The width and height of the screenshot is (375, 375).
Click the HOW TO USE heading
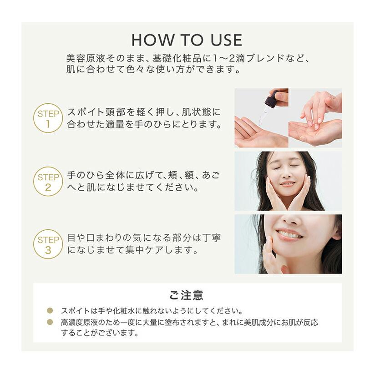tap(187, 40)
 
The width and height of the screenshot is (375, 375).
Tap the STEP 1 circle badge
tap(48, 118)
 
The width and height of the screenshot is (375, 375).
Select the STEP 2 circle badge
tap(48, 181)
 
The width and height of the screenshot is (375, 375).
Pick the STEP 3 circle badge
tap(48, 244)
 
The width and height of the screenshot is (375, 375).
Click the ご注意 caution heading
tap(187, 295)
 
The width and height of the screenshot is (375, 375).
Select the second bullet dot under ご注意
tap(51, 322)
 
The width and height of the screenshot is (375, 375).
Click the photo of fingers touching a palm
tap(315, 118)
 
